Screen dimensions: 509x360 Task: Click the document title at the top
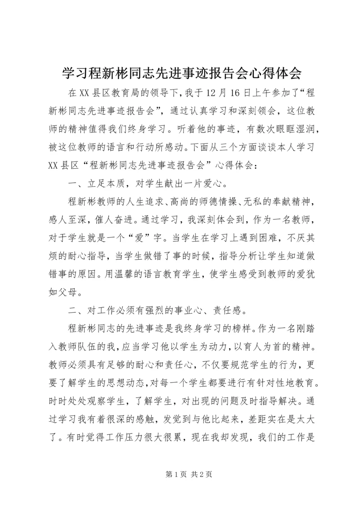(180, 72)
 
